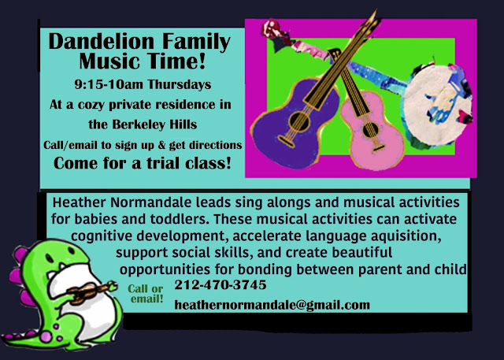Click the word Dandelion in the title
(x=102, y=41)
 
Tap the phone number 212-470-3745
(x=220, y=285)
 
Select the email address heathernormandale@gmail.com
(x=272, y=305)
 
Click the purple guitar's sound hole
(x=298, y=121)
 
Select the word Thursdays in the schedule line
(x=180, y=84)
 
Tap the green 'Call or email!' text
(x=146, y=294)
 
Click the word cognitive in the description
(x=102, y=236)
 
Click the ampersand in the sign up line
(x=161, y=145)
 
